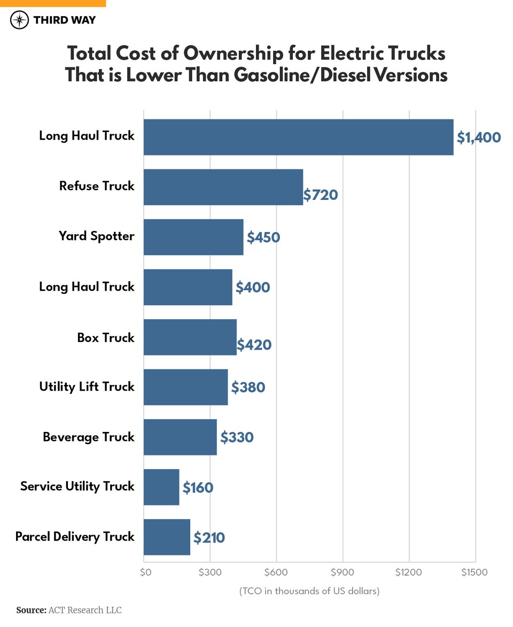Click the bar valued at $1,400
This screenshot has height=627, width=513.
298,137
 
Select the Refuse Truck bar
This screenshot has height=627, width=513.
223,187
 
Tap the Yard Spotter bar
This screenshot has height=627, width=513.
193,237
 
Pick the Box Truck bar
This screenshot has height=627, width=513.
190,337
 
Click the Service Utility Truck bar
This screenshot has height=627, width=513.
161,487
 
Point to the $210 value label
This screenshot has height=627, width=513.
209,537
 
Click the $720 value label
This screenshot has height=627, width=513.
321,195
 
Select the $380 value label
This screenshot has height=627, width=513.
248,387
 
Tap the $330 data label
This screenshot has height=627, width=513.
237,437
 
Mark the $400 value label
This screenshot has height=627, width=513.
253,288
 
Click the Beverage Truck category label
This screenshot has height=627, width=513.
89,437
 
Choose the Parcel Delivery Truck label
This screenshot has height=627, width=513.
75,537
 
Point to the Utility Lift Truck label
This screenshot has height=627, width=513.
87,387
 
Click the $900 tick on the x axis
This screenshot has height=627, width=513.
343,572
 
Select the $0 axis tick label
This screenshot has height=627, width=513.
146,572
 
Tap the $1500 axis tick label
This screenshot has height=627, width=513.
475,572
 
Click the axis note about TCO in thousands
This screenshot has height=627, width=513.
309,591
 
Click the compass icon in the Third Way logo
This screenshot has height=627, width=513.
19,20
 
